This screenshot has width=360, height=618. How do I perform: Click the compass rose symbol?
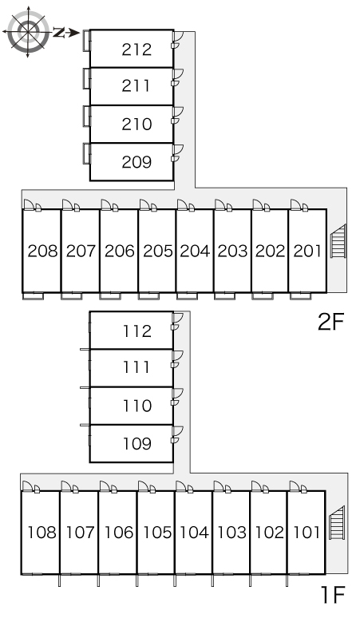29,32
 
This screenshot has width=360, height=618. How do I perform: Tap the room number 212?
136,50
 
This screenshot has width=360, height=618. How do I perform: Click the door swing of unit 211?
178,74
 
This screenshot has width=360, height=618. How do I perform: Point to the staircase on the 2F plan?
338,241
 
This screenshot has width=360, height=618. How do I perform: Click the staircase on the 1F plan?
337,523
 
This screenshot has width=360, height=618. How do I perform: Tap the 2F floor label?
331,322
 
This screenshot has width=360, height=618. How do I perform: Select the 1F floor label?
333,595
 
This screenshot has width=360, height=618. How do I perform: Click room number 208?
42,251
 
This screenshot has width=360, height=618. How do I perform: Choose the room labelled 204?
195,251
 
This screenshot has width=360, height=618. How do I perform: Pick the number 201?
307,251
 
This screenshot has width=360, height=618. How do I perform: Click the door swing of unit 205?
144,204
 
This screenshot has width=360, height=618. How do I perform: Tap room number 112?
137,331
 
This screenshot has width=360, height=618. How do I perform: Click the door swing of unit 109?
178,432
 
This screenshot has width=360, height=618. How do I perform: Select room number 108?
42,533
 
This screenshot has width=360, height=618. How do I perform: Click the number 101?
307,533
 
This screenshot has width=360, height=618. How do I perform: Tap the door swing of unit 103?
219,486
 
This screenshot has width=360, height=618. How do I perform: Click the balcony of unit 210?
87,117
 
